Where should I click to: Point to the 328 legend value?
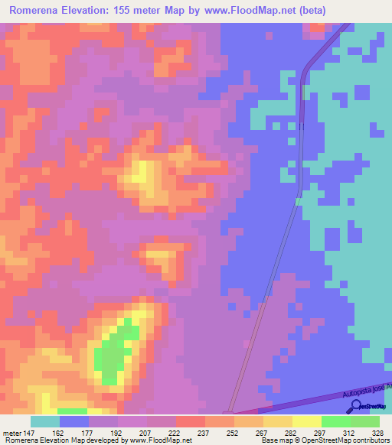(365, 432)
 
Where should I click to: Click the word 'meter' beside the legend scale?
(12, 432)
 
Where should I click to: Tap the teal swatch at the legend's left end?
(44, 421)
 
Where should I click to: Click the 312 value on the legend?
(335, 432)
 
